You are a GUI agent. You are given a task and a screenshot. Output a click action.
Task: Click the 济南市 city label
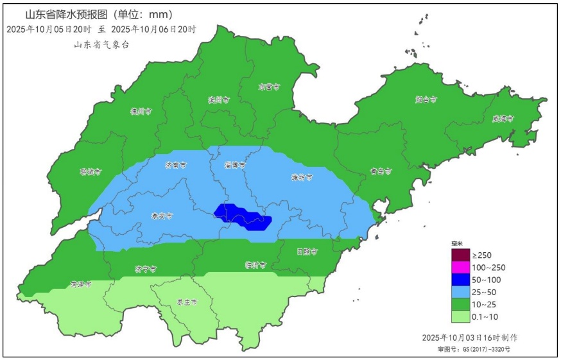click(x=176, y=165)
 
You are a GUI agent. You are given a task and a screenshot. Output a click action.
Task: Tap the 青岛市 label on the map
click(x=381, y=171)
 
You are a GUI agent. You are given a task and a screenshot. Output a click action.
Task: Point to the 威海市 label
click(x=503, y=118)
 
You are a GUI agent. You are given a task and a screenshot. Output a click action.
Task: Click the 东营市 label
click(x=269, y=86)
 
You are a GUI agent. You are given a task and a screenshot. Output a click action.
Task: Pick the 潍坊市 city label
click(x=302, y=177)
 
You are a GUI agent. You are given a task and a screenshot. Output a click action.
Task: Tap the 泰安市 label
click(x=161, y=216)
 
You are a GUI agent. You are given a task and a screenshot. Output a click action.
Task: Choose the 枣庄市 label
click(x=187, y=302)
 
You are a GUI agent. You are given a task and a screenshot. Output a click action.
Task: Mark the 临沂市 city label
click(x=256, y=264)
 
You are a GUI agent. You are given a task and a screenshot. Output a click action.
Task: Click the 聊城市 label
click(x=91, y=171)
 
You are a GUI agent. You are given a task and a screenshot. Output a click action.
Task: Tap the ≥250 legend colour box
click(x=461, y=255)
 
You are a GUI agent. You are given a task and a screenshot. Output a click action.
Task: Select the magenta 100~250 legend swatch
click(x=461, y=267)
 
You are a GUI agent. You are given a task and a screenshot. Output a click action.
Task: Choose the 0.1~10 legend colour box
click(x=461, y=316)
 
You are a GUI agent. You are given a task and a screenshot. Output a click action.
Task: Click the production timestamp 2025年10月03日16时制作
click(x=470, y=338)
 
